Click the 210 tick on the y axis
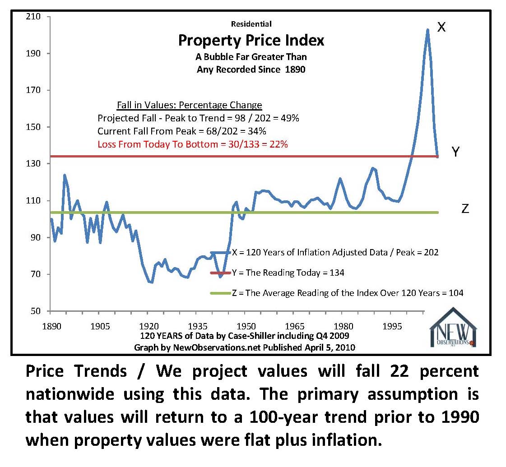coord(34,17)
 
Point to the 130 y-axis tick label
coord(34,164)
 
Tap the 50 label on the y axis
coord(36,311)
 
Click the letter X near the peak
coord(441,28)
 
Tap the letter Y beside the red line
coord(456,153)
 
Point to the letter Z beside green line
coord(465,209)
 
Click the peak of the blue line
coord(427,30)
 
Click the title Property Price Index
coord(251,41)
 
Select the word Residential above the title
coord(251,24)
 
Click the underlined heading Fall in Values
coord(189,105)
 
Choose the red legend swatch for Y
coord(221,273)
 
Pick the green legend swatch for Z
coord(221,293)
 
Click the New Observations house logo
coord(453,327)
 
